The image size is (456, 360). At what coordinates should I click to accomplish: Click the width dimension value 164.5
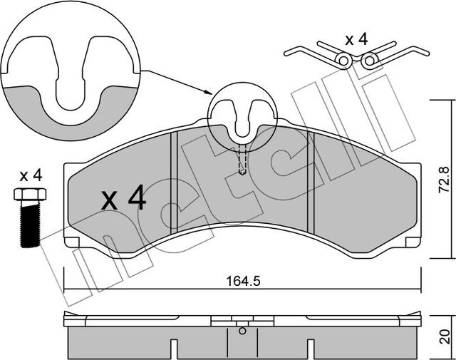pos(243,281)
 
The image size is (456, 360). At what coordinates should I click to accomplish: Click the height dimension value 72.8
pos(445,180)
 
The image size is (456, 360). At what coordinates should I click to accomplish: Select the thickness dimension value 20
pos(445,336)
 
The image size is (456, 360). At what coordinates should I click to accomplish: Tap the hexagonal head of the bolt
pos(30,194)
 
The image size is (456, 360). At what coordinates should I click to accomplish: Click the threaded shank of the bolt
pos(30,224)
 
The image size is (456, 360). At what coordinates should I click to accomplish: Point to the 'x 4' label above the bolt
pos(31,176)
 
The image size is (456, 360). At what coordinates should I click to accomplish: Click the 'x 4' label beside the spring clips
pos(356,39)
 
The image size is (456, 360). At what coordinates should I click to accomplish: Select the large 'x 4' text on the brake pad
pos(123,197)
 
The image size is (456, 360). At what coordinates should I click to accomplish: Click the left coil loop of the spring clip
pos(343,61)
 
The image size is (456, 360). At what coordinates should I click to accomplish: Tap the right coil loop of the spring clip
pos(369,61)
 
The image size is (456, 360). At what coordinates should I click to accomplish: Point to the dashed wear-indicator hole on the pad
pos(242,160)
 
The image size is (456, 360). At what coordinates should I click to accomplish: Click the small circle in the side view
pos(242,331)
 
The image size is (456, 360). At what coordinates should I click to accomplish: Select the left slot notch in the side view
pos(174,349)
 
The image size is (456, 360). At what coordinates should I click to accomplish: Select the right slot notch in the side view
pos(311,349)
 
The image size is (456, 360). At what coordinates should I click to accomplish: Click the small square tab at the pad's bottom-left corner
pos(72,242)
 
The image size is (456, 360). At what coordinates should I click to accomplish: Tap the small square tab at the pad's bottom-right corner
pos(413,242)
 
